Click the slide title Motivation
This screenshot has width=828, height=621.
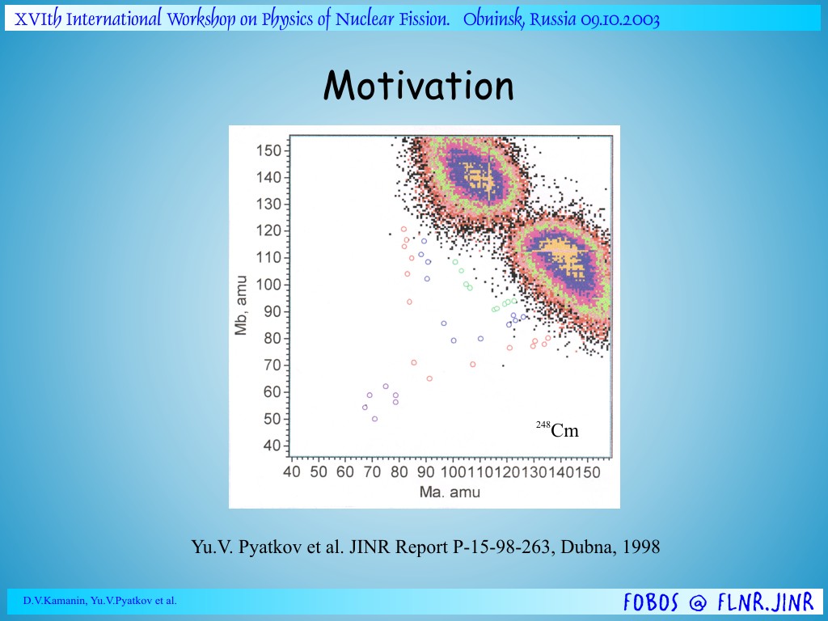pos(418,86)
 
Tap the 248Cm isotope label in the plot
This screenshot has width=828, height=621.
pos(558,430)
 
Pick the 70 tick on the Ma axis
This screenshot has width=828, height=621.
pos(372,471)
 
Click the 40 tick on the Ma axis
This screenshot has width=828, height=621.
pos(291,471)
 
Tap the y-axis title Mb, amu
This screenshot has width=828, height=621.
pos(241,305)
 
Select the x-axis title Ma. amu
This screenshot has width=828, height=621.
pos(450,492)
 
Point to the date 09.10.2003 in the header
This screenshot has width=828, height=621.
pos(620,20)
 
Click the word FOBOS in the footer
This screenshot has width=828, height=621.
pos(651,602)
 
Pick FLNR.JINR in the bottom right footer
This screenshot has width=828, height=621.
pos(766,602)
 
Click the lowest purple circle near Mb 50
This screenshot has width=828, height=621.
pos(375,419)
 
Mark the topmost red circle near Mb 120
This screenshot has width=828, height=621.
pos(404,229)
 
